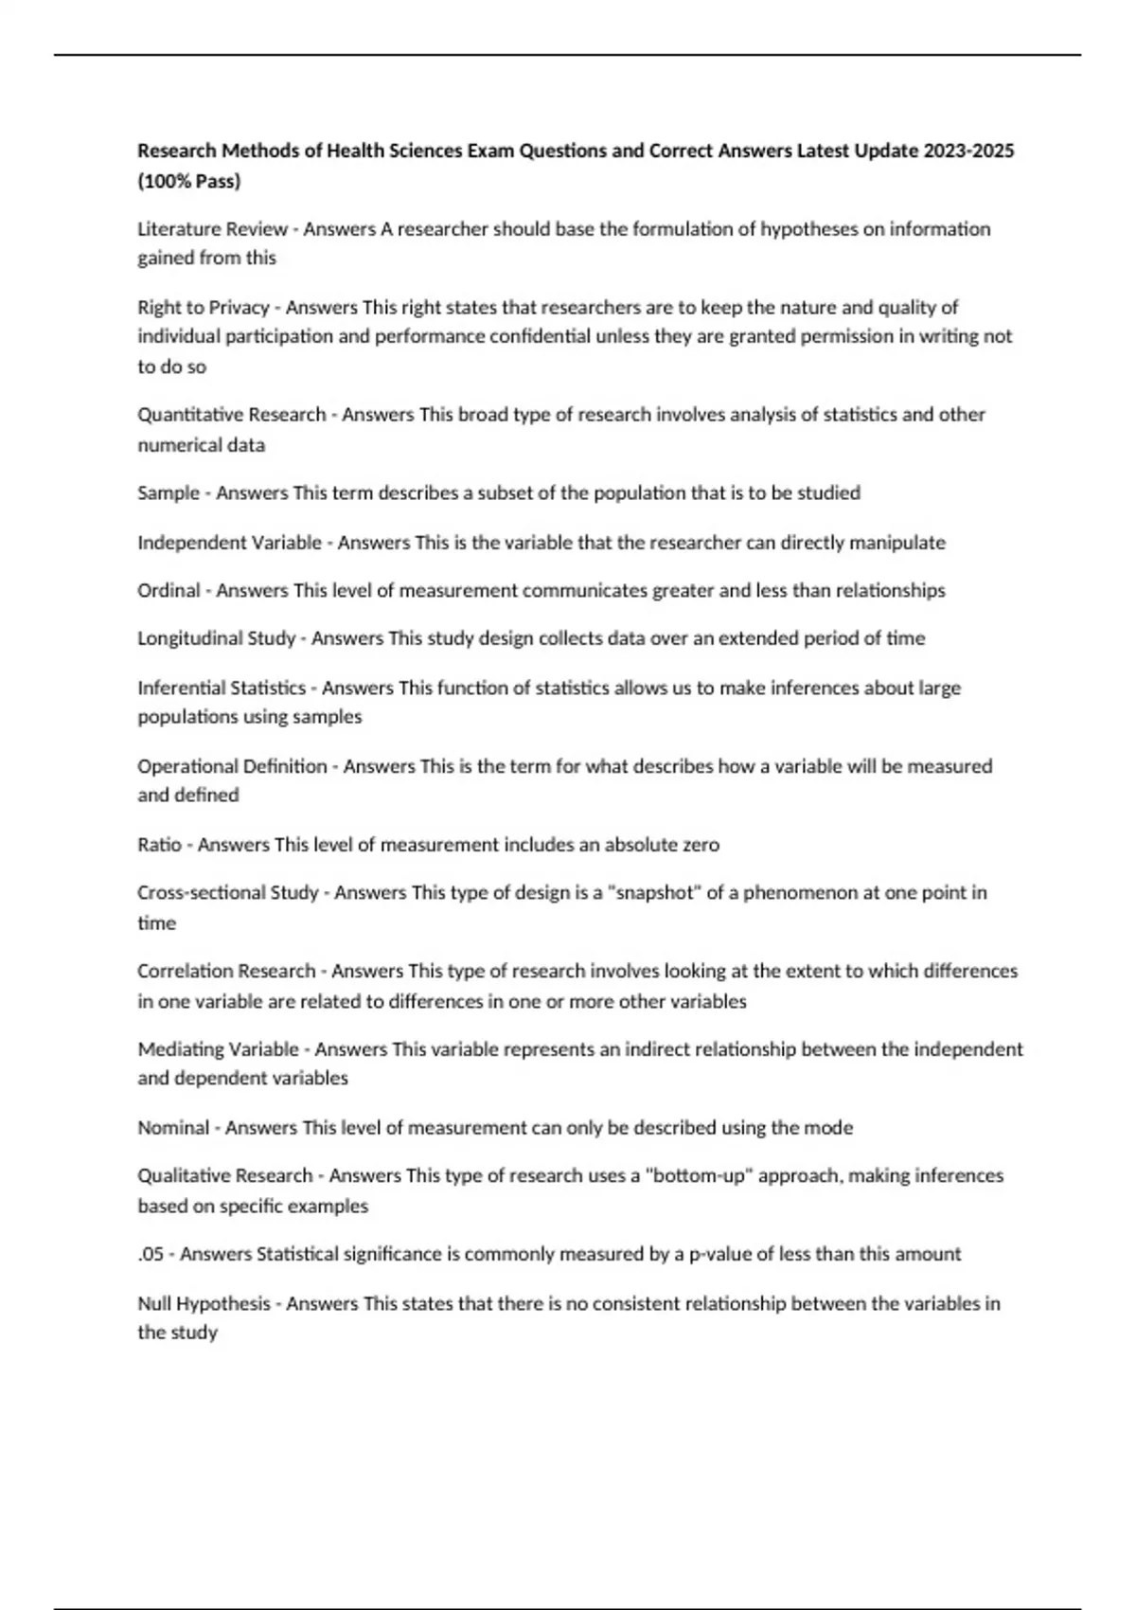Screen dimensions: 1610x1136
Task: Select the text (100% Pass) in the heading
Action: coord(189,181)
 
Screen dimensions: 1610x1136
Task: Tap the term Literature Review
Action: coord(212,229)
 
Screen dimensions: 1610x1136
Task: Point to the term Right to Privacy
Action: coord(204,307)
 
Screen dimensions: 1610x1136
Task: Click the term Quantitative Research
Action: coord(232,415)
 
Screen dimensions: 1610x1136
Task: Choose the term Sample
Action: coord(169,493)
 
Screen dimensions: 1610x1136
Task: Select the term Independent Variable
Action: coord(229,543)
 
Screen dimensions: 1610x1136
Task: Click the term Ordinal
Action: coord(169,591)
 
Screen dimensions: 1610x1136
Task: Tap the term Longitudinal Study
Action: coord(217,638)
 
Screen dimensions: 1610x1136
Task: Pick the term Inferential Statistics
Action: coord(222,688)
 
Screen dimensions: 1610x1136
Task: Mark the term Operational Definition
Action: coord(232,766)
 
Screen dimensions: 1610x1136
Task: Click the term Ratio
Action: coord(159,845)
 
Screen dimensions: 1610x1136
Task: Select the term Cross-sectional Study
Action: coord(228,893)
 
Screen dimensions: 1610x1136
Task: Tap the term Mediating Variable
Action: coord(218,1049)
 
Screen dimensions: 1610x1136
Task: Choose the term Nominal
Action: coord(173,1128)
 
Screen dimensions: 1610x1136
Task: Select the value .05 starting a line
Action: coord(151,1254)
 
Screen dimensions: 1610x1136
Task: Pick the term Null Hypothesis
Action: coord(204,1304)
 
